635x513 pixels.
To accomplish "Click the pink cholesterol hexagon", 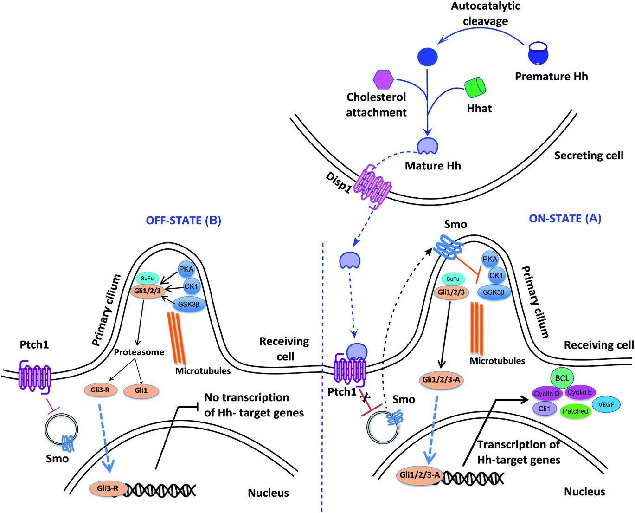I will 383,79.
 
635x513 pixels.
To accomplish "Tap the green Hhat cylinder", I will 475,87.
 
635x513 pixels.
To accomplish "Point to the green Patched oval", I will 575,411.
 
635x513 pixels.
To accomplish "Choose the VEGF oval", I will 606,404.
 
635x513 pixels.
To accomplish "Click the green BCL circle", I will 562,378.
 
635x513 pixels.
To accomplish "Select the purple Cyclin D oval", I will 547,394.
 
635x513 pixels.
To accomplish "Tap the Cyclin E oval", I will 580,392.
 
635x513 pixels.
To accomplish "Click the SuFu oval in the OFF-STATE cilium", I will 147,278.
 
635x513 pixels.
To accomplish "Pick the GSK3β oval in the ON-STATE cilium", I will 494,292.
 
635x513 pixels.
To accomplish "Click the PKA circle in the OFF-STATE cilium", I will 186,269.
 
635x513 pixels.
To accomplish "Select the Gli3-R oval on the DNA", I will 108,488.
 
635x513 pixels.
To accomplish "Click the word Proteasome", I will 139,352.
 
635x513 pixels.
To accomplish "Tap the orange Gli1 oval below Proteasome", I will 141,390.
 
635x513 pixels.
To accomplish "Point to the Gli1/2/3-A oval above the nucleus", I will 441,379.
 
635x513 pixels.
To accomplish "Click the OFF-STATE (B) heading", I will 183,220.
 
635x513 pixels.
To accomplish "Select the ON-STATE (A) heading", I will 565,218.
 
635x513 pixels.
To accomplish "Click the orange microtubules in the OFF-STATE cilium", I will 176,337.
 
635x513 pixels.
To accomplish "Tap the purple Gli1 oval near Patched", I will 545,409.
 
